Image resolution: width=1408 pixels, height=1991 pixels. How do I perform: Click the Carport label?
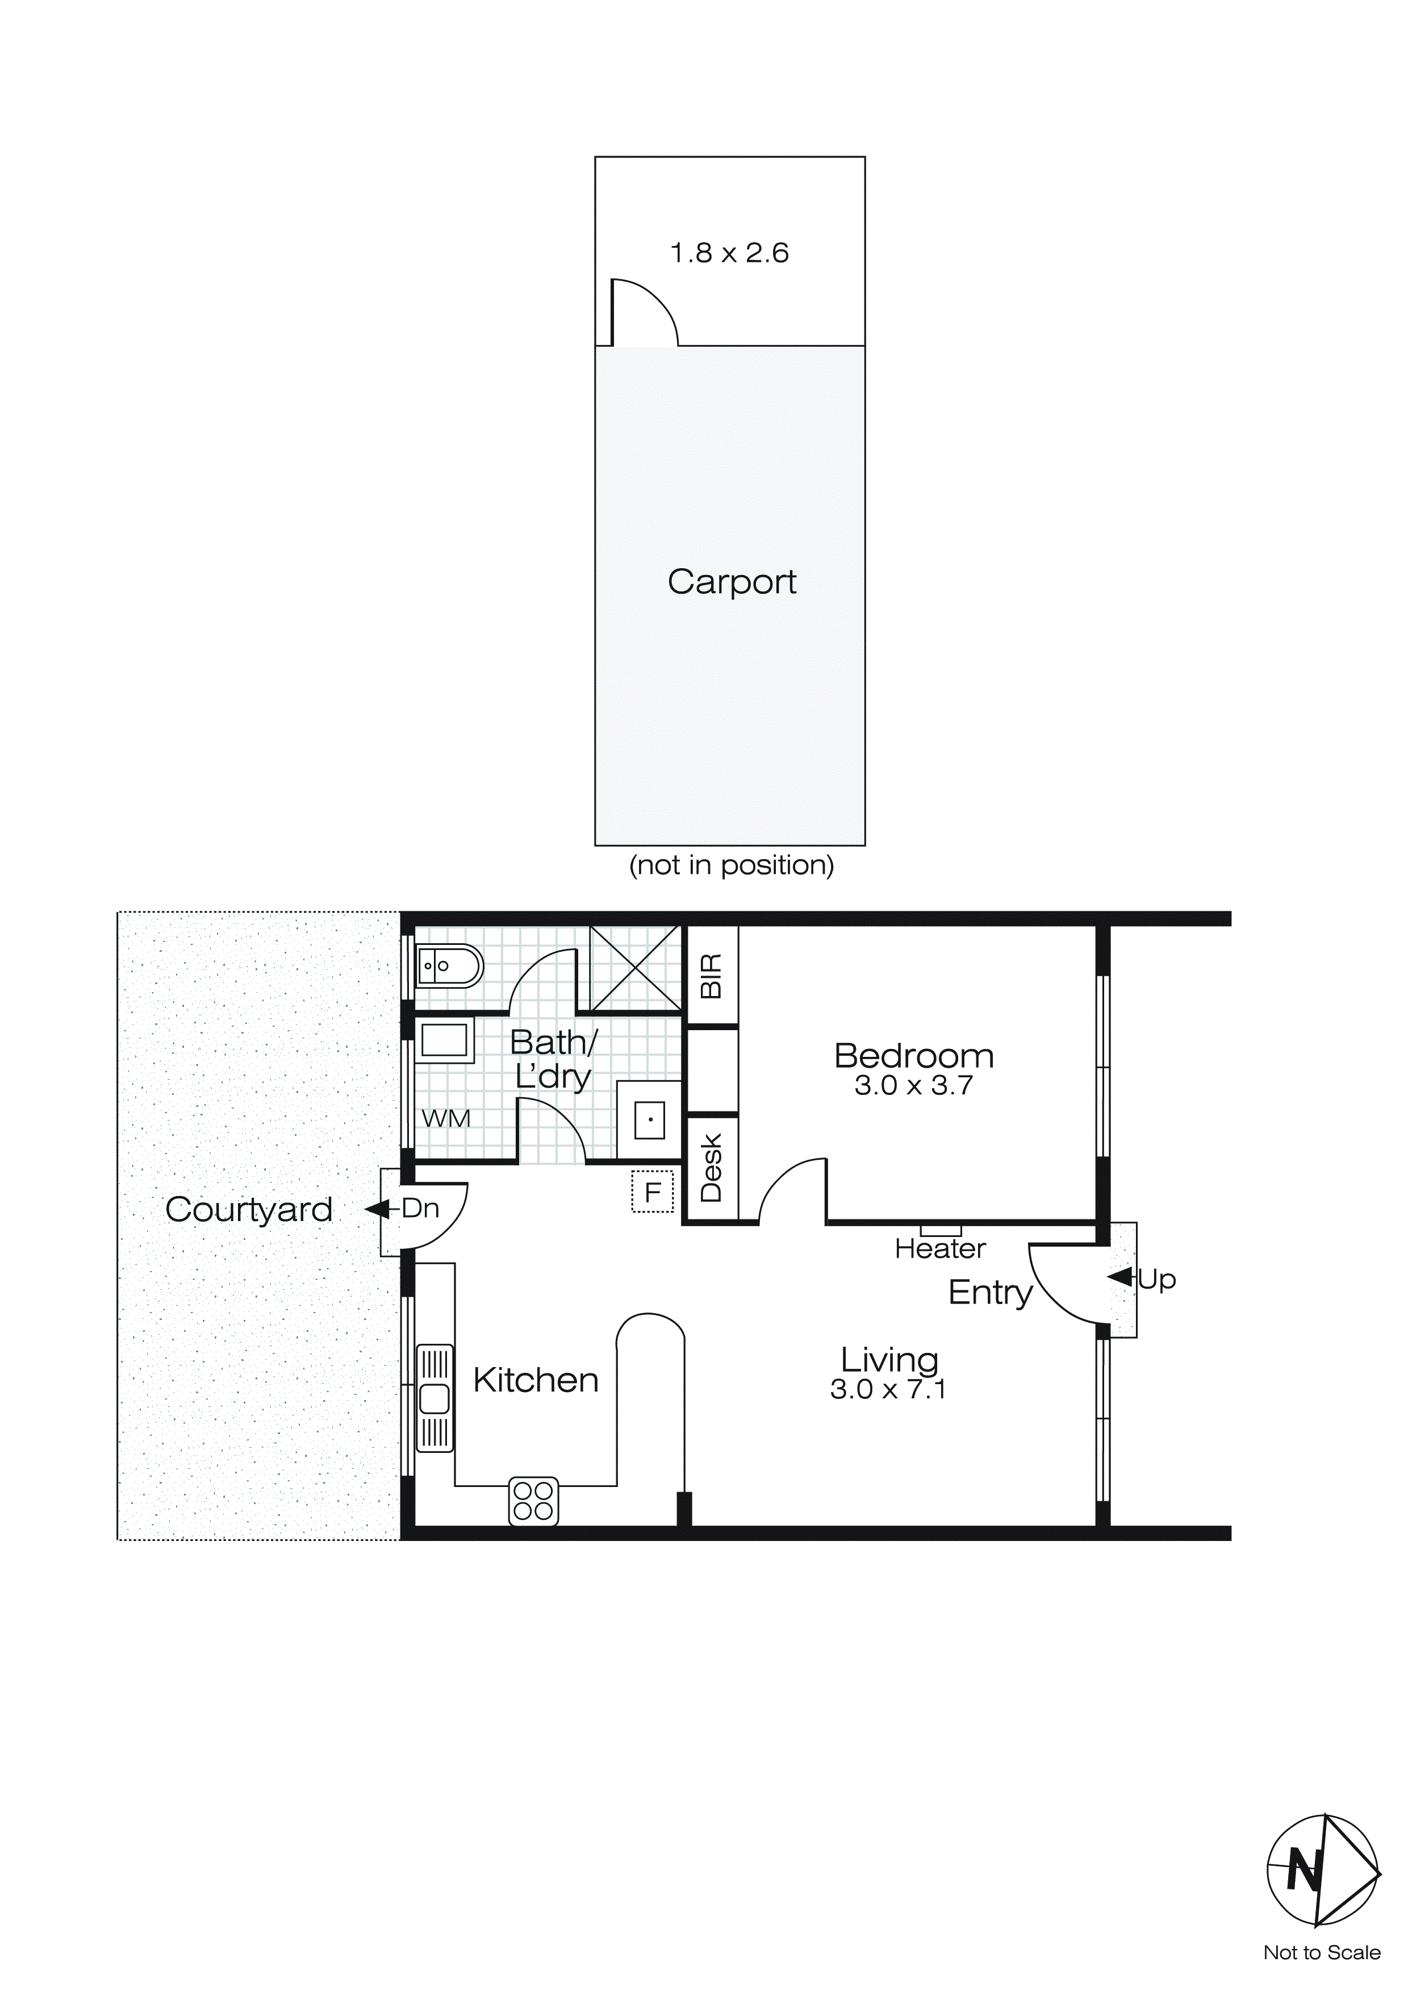point(732,582)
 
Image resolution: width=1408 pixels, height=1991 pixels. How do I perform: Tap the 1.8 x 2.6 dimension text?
point(729,253)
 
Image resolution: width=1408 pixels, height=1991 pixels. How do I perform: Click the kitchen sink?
point(434,1398)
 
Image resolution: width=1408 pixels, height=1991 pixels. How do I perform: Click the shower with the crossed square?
point(634,968)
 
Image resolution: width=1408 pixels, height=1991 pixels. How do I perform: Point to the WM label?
point(446,1119)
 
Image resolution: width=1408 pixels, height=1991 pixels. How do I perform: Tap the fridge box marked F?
point(653,1192)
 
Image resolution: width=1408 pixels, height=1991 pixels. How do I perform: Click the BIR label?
point(711,976)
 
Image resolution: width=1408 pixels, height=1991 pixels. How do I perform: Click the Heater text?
point(940,1249)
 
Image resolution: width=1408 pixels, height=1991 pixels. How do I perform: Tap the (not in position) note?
point(731,865)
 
